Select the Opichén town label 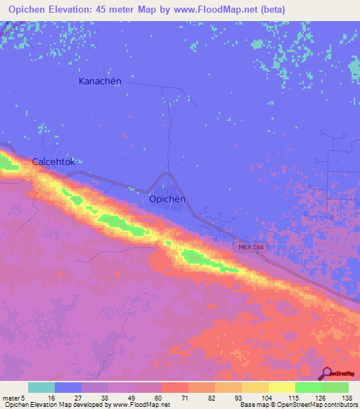tap(167, 199)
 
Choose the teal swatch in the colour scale tap(41, 387)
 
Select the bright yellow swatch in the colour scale tap(282, 387)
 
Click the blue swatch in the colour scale tap(68, 387)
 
